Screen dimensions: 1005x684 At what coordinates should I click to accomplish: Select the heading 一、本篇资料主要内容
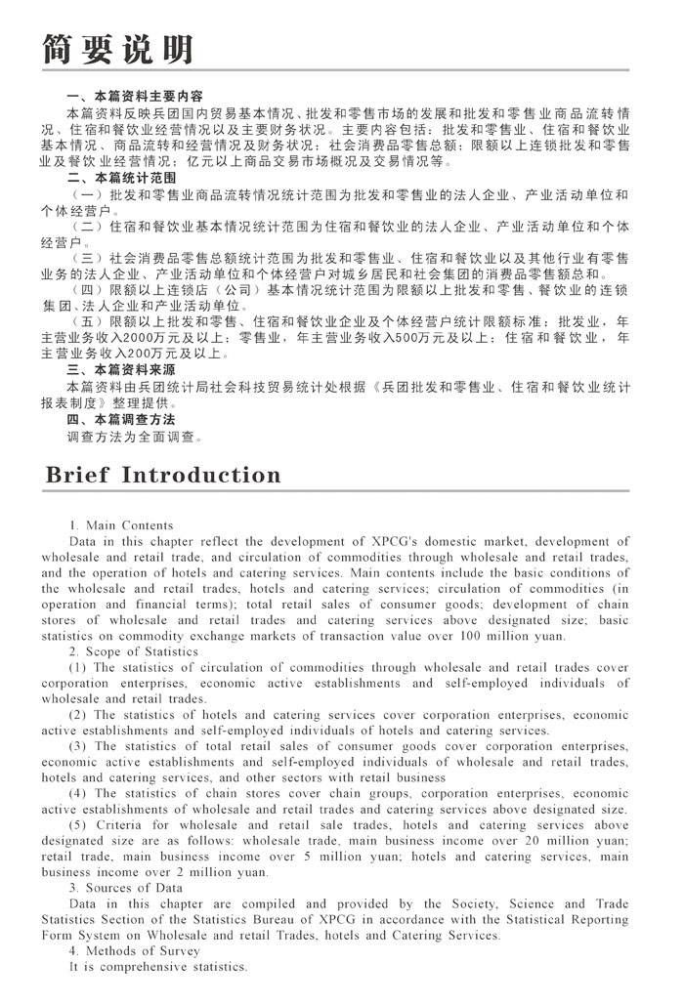(134, 97)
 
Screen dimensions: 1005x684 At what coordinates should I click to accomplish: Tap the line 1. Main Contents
(121, 525)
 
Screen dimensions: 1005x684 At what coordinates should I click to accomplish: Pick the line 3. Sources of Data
(126, 888)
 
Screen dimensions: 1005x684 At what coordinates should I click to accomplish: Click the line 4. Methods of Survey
(134, 950)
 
